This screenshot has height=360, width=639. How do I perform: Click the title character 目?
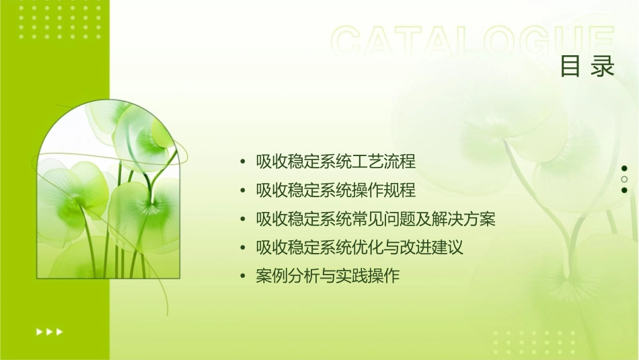click(x=570, y=67)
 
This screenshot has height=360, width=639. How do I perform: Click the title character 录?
click(x=603, y=67)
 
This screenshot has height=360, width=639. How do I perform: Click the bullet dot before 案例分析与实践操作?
click(x=243, y=277)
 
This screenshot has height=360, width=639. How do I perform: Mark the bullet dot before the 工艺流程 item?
click(x=243, y=162)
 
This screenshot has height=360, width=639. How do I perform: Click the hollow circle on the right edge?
click(x=624, y=180)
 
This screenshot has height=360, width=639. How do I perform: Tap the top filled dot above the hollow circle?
click(x=624, y=168)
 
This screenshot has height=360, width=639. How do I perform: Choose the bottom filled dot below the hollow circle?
click(x=624, y=190)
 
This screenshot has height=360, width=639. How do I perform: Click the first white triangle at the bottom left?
click(x=39, y=331)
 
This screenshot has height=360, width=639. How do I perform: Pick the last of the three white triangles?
click(x=60, y=331)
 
